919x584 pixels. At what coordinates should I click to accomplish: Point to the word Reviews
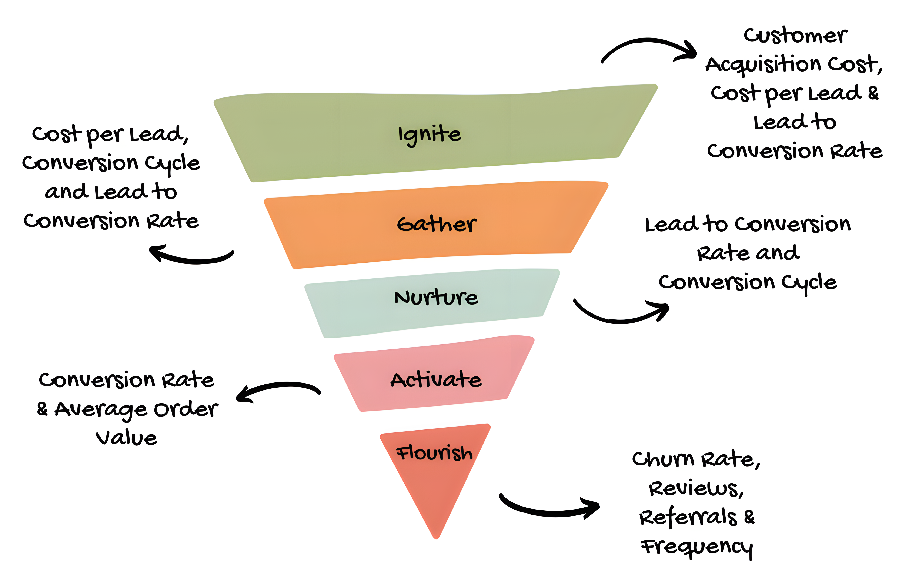[696, 489]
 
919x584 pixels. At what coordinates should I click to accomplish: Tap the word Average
[101, 409]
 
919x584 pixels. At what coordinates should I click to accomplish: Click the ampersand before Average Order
[42, 409]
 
